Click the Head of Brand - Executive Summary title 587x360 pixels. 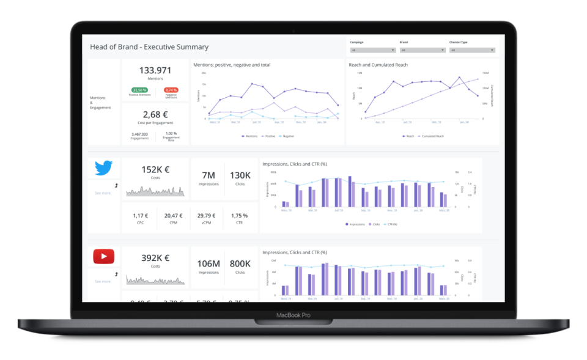tap(149, 47)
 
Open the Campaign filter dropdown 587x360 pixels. tap(373, 50)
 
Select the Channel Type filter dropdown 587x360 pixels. tap(471, 50)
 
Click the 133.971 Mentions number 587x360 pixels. tap(155, 70)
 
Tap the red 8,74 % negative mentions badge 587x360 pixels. tap(171, 90)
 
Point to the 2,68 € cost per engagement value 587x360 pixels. tap(155, 114)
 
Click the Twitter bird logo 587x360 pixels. tap(103, 167)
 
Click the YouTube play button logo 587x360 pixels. tap(103, 257)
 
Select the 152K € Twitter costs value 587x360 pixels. tap(155, 170)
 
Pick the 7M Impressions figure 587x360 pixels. tap(208, 175)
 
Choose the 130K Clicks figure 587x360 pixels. tap(240, 175)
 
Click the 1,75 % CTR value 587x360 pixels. tap(240, 215)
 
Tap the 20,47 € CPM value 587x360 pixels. tap(173, 215)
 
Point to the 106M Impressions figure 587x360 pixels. tap(208, 263)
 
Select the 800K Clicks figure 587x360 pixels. tap(240, 263)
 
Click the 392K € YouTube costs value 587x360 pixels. tap(155, 258)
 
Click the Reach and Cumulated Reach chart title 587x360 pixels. tap(378, 65)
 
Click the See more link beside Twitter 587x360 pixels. tap(103, 193)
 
